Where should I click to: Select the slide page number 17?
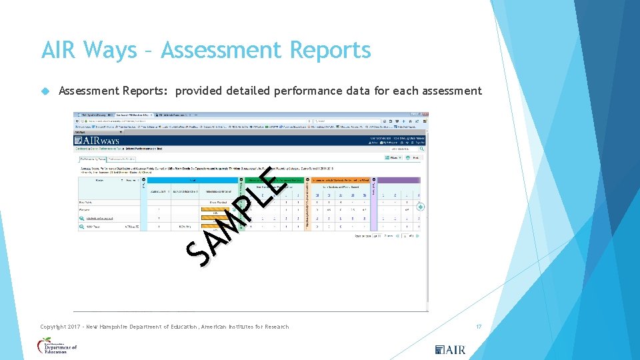point(478,327)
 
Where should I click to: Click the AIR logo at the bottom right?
point(450,349)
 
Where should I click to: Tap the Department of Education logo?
point(57,346)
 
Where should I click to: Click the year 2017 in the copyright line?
point(81,327)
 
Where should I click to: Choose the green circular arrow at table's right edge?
point(421,207)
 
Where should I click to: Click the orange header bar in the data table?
point(340,180)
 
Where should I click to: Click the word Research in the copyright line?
point(277,327)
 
